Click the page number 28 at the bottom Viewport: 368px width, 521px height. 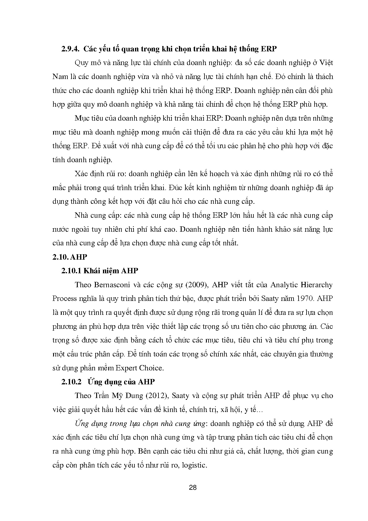pyautogui.click(x=193, y=487)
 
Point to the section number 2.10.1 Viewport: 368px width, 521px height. pyautogui.click(x=72, y=271)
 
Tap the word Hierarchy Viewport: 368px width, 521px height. pyautogui.click(x=316, y=285)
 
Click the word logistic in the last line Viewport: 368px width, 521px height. pyautogui.click(x=194, y=465)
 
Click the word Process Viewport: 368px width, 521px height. pyautogui.click(x=64, y=299)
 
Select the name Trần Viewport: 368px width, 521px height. pyautogui.click(x=96, y=396)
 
